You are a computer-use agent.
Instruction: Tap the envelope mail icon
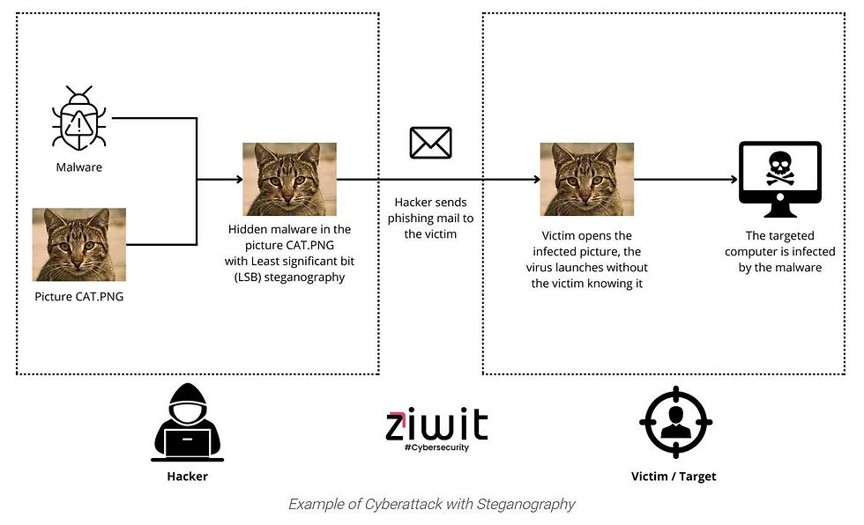[430, 143]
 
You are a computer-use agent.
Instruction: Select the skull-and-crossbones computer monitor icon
[778, 180]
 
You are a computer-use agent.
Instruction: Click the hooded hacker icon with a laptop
[187, 425]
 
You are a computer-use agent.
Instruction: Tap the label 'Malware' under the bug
[79, 166]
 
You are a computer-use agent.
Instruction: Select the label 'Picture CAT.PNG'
[79, 296]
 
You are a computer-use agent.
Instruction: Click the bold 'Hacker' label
[187, 477]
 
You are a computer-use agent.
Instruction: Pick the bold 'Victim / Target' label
[674, 477]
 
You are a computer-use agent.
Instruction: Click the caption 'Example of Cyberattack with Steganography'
[431, 505]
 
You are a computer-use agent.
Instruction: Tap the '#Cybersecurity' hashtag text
[436, 447]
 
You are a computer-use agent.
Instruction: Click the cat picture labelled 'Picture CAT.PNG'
[79, 244]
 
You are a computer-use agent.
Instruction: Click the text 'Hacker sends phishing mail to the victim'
[430, 218]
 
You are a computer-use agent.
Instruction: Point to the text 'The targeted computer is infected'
[779, 252]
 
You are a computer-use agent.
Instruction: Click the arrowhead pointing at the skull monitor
[734, 180]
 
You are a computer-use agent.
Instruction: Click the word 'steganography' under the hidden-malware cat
[314, 277]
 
